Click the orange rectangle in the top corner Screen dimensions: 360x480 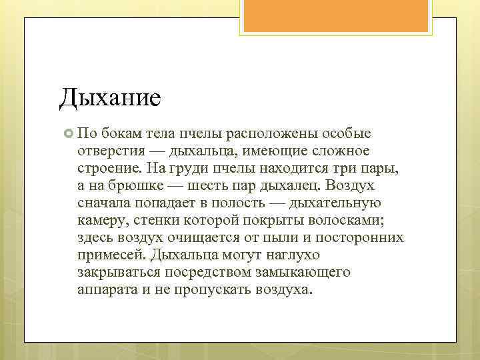(x=337, y=17)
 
